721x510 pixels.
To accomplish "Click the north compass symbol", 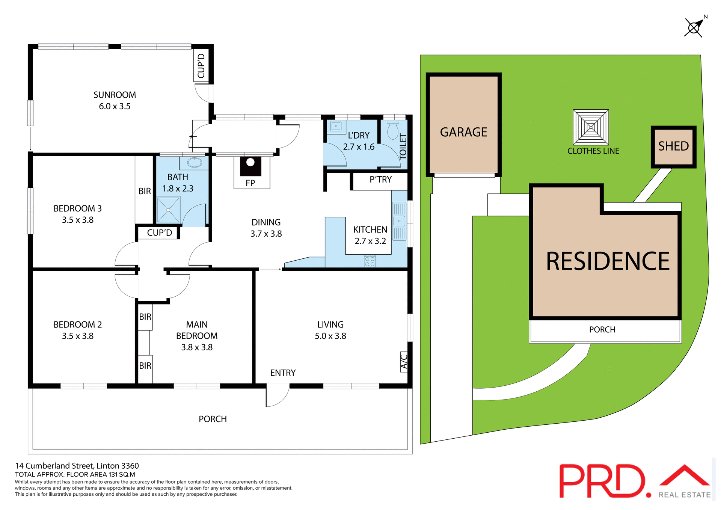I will [x=694, y=27].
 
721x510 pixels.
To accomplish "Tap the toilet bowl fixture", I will [x=393, y=131].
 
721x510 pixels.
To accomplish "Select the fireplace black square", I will [x=250, y=166].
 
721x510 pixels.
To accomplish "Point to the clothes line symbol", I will [x=591, y=127].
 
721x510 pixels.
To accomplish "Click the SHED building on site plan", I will [x=673, y=147].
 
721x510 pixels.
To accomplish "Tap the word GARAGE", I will [x=463, y=132].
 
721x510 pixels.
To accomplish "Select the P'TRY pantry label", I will [x=380, y=180].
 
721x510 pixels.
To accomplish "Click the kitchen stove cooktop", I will [x=370, y=261].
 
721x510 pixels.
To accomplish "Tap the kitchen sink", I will [x=399, y=221].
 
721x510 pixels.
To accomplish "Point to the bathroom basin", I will [x=195, y=163].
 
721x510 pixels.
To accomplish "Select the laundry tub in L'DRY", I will [x=336, y=127].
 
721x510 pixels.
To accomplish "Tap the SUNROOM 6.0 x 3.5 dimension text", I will [x=115, y=107].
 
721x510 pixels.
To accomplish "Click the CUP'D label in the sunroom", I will [x=201, y=66].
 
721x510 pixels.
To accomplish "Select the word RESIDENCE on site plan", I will [x=608, y=261].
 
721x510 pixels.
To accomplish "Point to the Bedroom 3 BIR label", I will [x=145, y=191].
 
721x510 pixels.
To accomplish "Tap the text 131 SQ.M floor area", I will [x=122, y=475].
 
